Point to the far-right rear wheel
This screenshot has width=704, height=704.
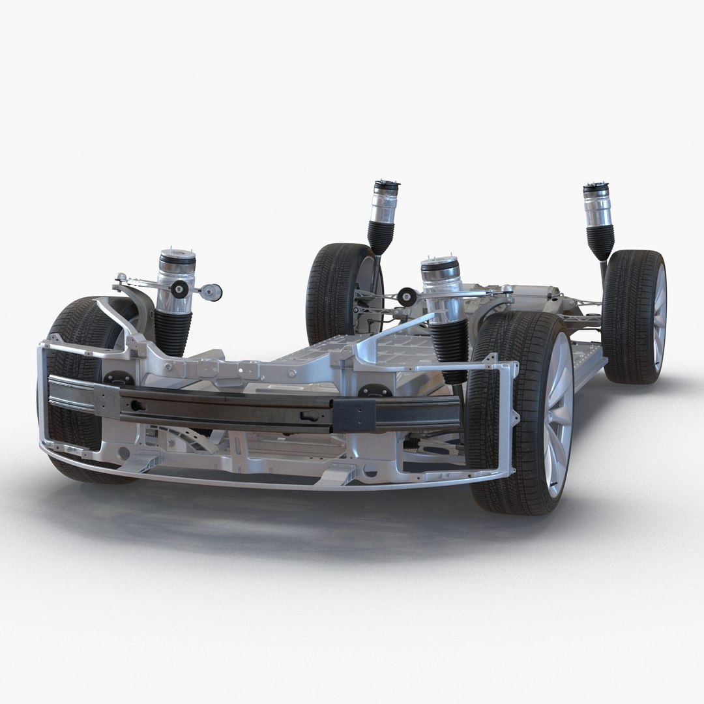[x=636, y=316]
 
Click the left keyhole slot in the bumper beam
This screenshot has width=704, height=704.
[x=136, y=405]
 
